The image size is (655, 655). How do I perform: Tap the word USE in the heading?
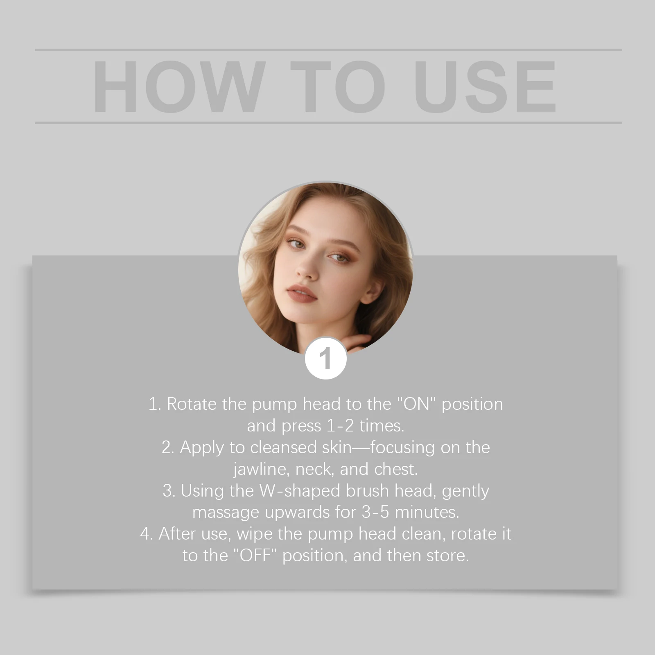pyautogui.click(x=486, y=86)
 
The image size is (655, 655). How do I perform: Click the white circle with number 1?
pyautogui.click(x=326, y=359)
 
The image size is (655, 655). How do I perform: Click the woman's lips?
pyautogui.click(x=302, y=294)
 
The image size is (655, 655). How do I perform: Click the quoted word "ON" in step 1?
pyautogui.click(x=418, y=404)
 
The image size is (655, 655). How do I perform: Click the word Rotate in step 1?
pyautogui.click(x=192, y=404)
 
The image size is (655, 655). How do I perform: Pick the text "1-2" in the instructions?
pyautogui.click(x=340, y=426)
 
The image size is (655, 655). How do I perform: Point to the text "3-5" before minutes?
pyautogui.click(x=375, y=512)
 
